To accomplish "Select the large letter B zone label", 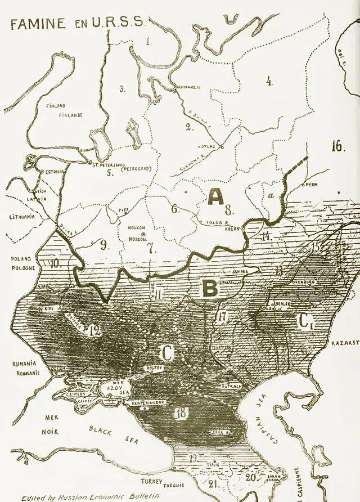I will point(209,289).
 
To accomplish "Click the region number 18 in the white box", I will point(181,412).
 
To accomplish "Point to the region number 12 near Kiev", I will point(94,330).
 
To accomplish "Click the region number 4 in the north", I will point(269,81).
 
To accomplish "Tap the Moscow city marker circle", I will point(143,234).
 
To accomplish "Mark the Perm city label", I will point(313,185).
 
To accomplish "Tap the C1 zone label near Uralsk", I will point(305,322).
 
